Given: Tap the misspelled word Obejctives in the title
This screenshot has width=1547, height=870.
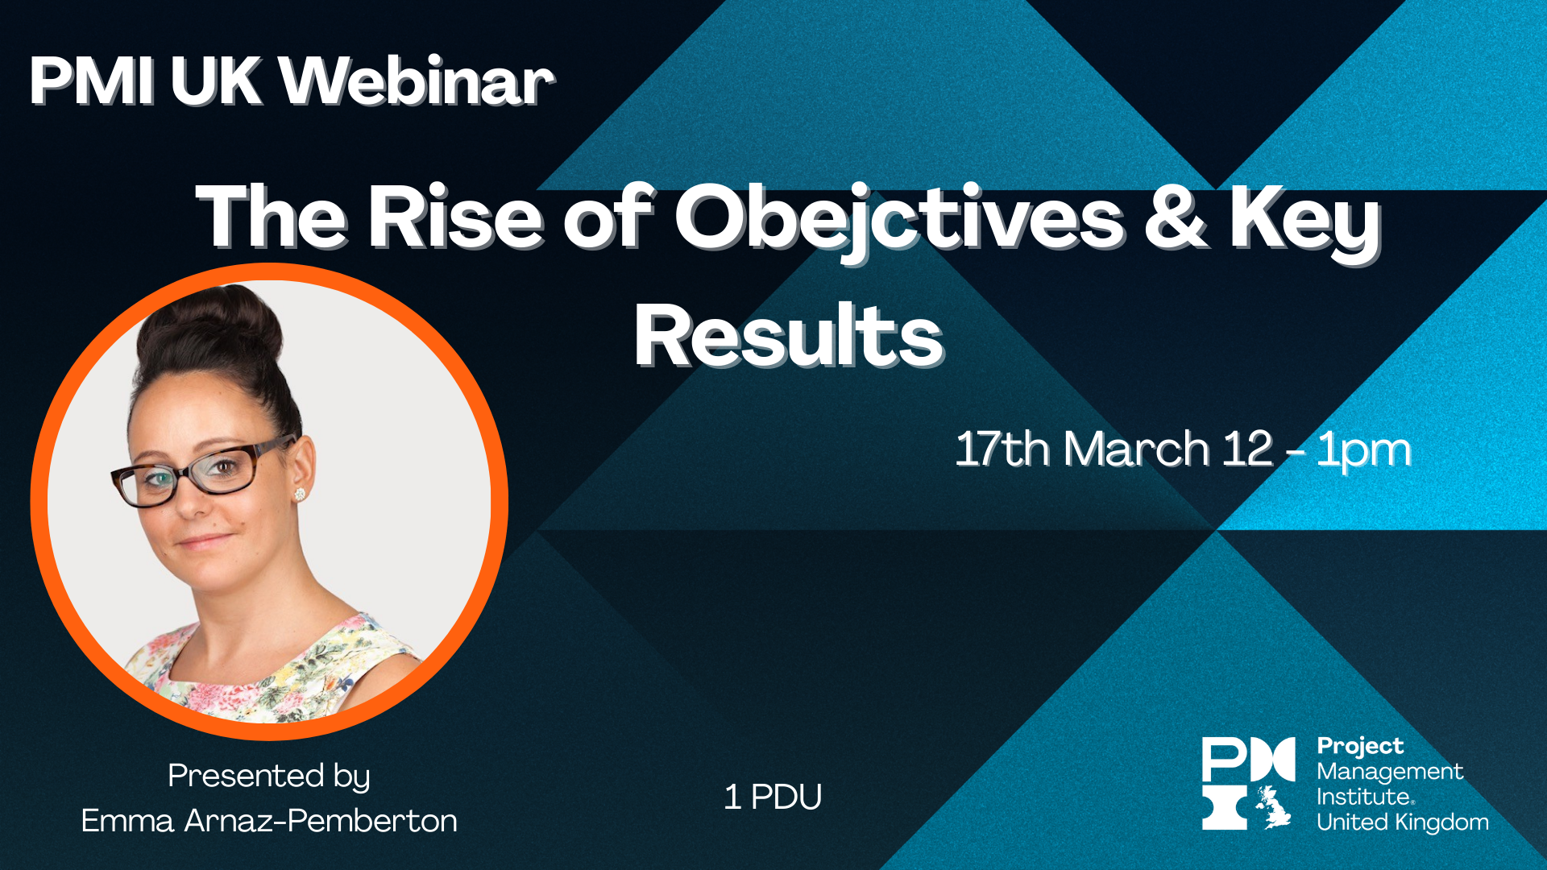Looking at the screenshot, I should point(898,217).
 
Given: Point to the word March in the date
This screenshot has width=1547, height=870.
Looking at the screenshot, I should point(1136,449).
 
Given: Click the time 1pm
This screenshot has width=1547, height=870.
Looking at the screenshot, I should point(1363,450).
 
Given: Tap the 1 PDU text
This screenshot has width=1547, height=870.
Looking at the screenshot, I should point(773,797).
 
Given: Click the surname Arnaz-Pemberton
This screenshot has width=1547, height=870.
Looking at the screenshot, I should point(321,821).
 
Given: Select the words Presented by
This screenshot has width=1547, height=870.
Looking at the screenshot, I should point(269,776).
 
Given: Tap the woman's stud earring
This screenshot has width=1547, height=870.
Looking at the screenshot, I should point(301,494).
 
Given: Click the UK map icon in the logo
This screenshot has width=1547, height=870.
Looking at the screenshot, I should point(1272,807).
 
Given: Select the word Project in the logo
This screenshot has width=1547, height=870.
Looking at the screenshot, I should point(1360,746).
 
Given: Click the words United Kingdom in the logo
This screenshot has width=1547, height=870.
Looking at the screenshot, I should point(1402,822).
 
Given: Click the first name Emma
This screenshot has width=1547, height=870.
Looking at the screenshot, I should point(127,821).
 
